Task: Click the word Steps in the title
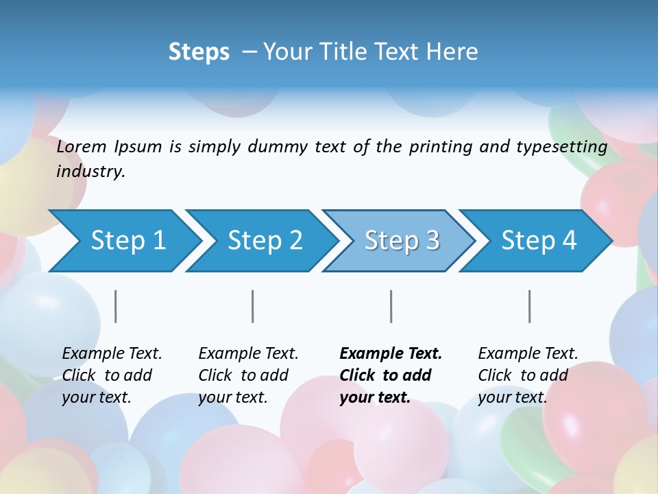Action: [199, 52]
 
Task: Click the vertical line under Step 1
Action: [116, 306]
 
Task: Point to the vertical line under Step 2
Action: [253, 306]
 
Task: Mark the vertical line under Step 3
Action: [391, 306]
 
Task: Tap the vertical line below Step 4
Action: [530, 306]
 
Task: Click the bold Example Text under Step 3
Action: [391, 354]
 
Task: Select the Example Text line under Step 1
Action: [112, 354]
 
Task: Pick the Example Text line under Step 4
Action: [528, 354]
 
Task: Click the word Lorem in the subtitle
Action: [82, 147]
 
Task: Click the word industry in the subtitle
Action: [90, 172]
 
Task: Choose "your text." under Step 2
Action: [232, 397]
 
